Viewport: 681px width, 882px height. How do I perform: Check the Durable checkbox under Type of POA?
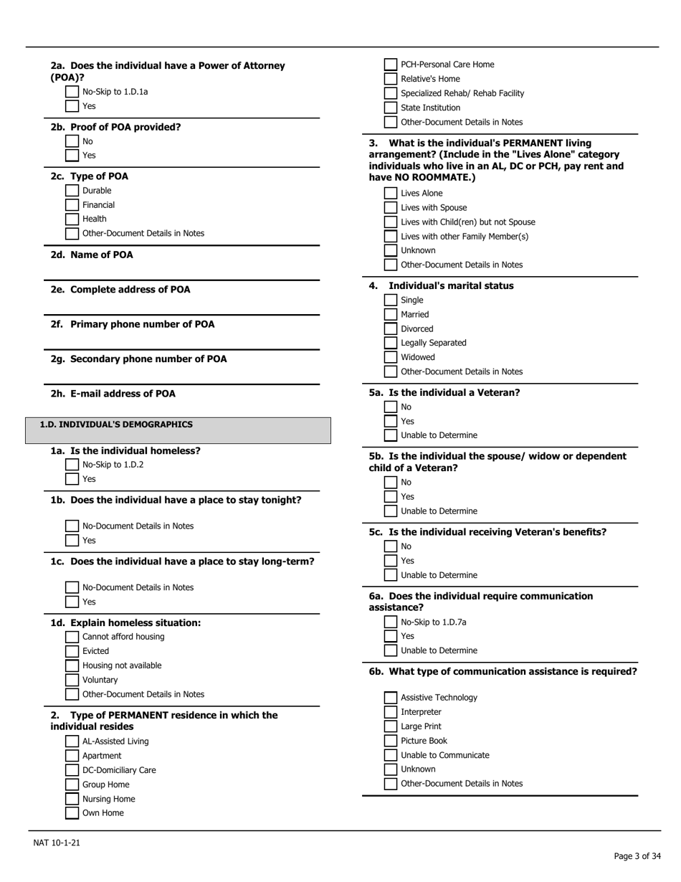(x=72, y=191)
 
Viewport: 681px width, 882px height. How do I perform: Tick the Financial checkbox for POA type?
(x=72, y=205)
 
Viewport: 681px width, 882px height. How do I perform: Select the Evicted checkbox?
(x=72, y=651)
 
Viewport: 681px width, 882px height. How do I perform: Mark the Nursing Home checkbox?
(x=72, y=799)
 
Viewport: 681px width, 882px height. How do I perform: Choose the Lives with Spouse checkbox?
(x=390, y=208)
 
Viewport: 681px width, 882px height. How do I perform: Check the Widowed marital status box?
(x=390, y=357)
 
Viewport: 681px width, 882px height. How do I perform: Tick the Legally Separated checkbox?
(x=390, y=343)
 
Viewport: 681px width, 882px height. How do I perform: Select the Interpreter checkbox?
(x=390, y=712)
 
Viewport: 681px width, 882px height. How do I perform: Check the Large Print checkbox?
(x=390, y=726)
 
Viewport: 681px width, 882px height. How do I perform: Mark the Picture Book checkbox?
(x=390, y=741)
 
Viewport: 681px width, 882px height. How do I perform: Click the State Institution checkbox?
(x=390, y=108)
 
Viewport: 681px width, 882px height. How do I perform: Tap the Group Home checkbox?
(x=72, y=784)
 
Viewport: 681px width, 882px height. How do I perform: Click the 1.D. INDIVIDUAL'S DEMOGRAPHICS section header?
(x=116, y=425)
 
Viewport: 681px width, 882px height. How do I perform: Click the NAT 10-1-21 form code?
(x=57, y=843)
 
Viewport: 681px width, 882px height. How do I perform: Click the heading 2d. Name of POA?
(x=92, y=255)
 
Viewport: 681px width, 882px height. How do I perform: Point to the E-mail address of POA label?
(x=113, y=394)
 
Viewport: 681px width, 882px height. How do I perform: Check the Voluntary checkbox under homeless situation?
(x=72, y=680)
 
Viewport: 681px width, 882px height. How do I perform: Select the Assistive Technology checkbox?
(x=390, y=698)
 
